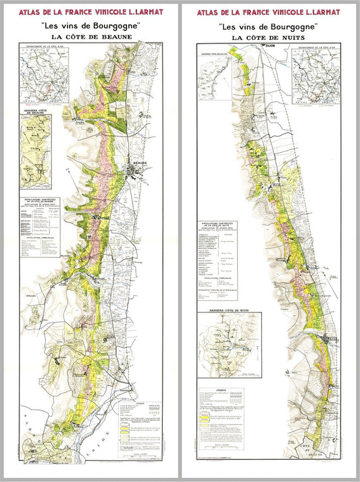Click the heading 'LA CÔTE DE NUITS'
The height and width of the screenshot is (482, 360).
tap(269, 38)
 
